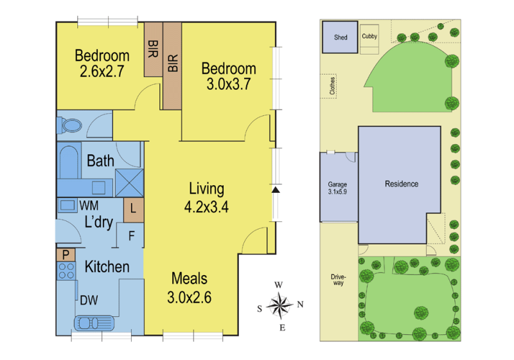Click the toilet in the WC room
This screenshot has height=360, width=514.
(x=69, y=125)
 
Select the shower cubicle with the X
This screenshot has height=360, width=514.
(x=130, y=183)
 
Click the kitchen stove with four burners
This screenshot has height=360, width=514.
(x=66, y=271)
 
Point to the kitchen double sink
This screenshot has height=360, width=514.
(x=94, y=323)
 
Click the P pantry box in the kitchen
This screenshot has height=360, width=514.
(x=66, y=255)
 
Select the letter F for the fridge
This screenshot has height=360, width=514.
(x=132, y=236)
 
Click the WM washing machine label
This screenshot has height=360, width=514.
(x=89, y=206)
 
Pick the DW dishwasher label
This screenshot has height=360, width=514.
(x=89, y=300)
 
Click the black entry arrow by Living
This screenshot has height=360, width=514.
(x=276, y=190)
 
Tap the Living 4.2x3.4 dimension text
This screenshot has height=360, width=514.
(x=206, y=207)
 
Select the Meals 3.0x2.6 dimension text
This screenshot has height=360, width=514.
(x=189, y=298)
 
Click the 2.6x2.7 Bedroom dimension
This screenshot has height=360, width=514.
(x=102, y=71)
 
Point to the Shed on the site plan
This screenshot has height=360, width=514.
(x=340, y=37)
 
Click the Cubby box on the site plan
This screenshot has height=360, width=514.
(x=369, y=39)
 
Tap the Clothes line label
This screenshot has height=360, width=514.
(x=332, y=86)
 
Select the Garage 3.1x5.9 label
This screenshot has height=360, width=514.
(x=337, y=188)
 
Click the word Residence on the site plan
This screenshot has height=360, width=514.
(x=402, y=184)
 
